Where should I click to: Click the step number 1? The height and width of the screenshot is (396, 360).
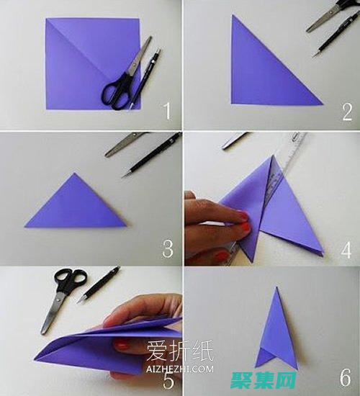pyautogui.click(x=167, y=112)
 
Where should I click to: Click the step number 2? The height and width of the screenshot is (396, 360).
pyautogui.click(x=347, y=112)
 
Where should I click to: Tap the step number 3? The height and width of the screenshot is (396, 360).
pyautogui.click(x=167, y=249)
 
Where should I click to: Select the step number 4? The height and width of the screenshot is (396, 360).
pyautogui.click(x=347, y=249)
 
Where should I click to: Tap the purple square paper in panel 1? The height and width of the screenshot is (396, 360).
pyautogui.click(x=79, y=61)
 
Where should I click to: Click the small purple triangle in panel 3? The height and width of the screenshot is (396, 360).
pyautogui.click(x=76, y=205)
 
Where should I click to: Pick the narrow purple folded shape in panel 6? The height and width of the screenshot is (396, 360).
pyautogui.click(x=277, y=331)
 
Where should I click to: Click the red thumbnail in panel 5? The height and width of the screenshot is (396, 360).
pyautogui.click(x=122, y=346)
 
